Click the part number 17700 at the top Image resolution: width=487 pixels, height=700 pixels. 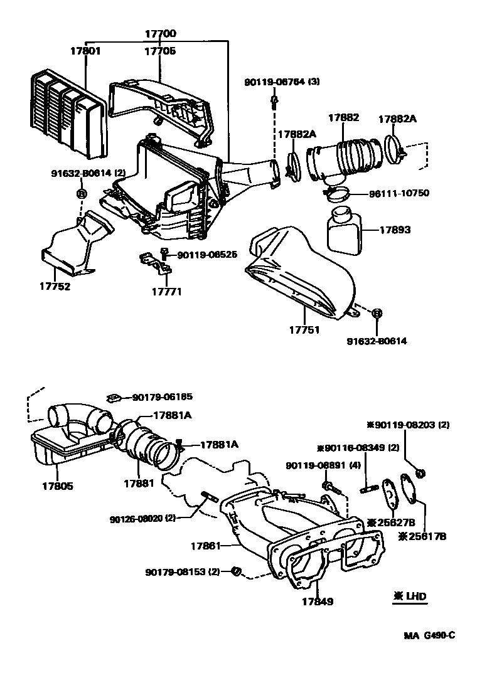(x=161, y=34)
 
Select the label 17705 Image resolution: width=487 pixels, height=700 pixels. (x=161, y=51)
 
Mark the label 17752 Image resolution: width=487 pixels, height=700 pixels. (x=56, y=287)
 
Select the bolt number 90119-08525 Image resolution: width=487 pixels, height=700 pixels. (x=206, y=255)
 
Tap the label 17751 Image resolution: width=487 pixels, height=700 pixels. (x=305, y=330)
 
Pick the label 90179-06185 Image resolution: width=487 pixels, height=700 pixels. (x=162, y=397)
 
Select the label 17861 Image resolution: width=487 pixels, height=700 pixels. (x=206, y=546)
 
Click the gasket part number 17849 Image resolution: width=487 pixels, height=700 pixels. (x=317, y=602)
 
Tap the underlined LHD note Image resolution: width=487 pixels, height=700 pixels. (x=410, y=597)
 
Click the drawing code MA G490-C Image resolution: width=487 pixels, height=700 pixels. (x=429, y=635)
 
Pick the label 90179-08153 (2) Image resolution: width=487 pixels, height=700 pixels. (x=183, y=572)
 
